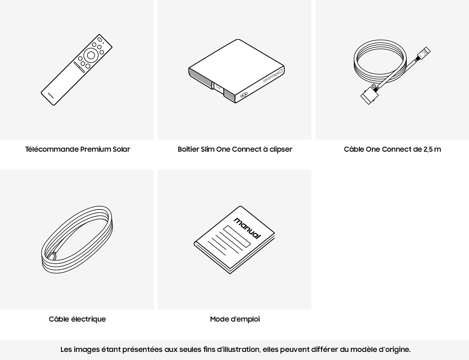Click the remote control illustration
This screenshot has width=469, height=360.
click(76, 70)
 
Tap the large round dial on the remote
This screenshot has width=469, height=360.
click(91, 55)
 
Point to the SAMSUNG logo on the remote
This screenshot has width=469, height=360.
click(51, 95)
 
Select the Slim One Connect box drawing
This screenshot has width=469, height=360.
click(236, 71)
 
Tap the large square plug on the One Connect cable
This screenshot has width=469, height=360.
click(370, 95)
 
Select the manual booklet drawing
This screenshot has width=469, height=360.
click(234, 240)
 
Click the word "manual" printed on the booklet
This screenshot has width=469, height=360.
click(247, 228)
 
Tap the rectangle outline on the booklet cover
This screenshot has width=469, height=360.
click(237, 236)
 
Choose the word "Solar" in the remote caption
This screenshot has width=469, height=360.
click(121, 149)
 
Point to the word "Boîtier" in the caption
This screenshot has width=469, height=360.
click(188, 149)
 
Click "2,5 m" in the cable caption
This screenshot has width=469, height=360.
click(432, 149)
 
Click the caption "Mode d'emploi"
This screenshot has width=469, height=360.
click(235, 319)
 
